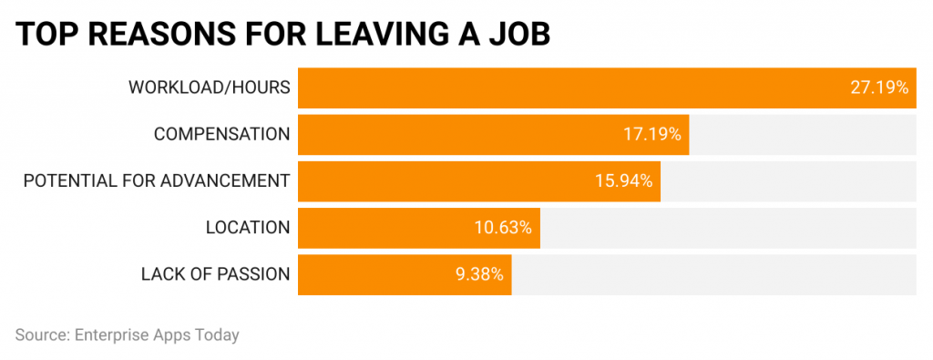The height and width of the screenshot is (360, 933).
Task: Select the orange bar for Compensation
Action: [x=456, y=134]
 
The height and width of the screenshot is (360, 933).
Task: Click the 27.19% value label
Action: [x=879, y=87]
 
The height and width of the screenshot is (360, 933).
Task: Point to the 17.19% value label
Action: [x=651, y=134]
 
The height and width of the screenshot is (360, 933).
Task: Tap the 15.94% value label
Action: [x=623, y=180]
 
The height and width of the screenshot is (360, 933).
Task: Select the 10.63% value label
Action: [x=503, y=227]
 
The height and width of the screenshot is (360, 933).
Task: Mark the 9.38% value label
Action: [x=479, y=273]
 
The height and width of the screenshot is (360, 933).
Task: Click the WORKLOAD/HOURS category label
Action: [x=209, y=87]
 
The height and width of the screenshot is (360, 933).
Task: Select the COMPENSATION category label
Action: [x=221, y=134]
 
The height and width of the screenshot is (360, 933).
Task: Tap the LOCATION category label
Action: [x=247, y=227]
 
